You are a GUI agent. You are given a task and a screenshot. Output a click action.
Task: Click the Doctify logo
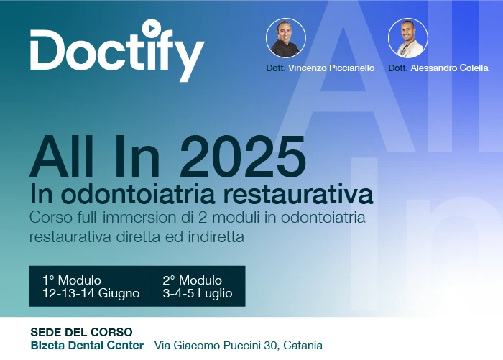(x=117, y=50)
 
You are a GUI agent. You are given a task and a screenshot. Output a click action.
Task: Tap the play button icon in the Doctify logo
(x=151, y=28)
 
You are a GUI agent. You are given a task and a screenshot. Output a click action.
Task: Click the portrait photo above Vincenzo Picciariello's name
(x=286, y=38)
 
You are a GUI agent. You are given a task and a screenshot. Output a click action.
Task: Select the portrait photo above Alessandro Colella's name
(x=407, y=38)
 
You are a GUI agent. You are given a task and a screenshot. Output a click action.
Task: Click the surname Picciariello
(x=352, y=68)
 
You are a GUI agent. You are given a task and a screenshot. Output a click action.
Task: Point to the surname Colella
(x=474, y=68)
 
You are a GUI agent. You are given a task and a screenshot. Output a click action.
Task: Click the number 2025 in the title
(x=243, y=157)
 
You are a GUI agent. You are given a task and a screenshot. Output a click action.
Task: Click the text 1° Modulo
(x=72, y=280)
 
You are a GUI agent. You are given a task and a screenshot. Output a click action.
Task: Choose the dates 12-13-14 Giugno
(x=91, y=293)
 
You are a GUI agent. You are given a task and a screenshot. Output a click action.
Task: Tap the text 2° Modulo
(x=192, y=280)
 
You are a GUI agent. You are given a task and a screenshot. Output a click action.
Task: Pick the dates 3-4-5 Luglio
(x=198, y=293)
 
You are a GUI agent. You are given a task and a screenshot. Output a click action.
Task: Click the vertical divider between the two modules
(x=152, y=286)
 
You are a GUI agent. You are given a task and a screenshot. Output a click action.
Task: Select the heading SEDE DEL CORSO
(x=81, y=332)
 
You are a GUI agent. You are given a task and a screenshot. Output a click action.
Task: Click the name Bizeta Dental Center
(x=87, y=346)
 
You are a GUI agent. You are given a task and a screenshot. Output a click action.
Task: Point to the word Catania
(x=303, y=346)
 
